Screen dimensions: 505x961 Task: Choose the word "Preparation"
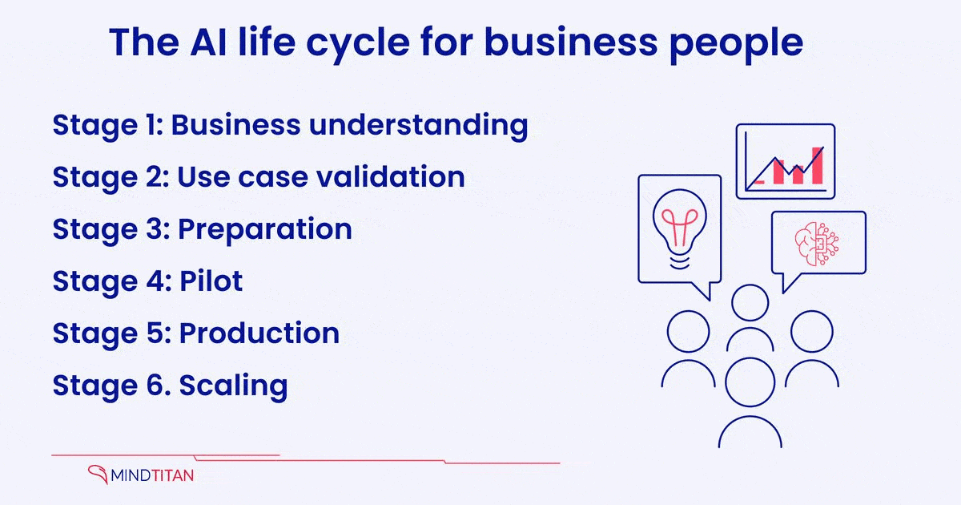tap(265, 229)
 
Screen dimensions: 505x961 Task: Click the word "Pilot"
tap(211, 281)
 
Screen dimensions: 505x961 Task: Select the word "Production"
tap(259, 333)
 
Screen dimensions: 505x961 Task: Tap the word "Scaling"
tap(233, 386)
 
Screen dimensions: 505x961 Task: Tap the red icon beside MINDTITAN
tap(98, 475)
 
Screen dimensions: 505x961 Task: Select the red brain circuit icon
tap(814, 243)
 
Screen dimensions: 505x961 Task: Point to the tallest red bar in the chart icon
tap(817, 165)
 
